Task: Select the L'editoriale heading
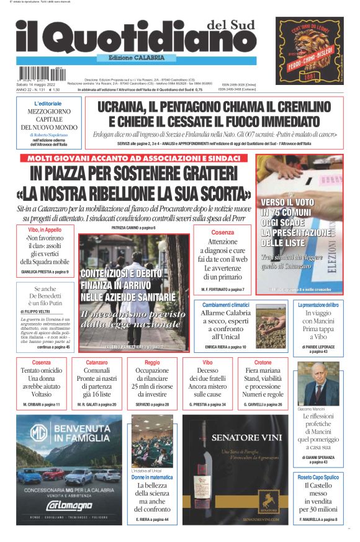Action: click(x=47, y=104)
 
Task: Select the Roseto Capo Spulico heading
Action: click(x=318, y=478)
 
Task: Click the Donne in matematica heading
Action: click(x=152, y=478)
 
